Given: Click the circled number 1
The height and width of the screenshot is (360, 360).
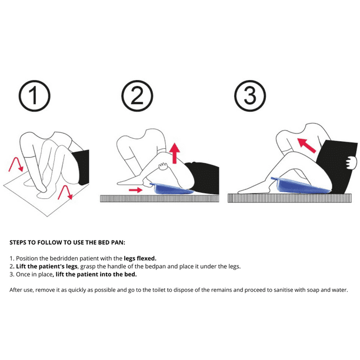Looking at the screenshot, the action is pyautogui.click(x=35, y=96).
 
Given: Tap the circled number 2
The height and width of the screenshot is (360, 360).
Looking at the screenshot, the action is pyautogui.click(x=137, y=96).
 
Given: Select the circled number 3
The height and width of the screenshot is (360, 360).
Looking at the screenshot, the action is pyautogui.click(x=250, y=96).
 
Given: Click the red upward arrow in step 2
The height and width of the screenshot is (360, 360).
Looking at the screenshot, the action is pyautogui.click(x=175, y=154).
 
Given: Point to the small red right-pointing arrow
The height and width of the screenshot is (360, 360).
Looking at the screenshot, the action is pyautogui.click(x=136, y=190).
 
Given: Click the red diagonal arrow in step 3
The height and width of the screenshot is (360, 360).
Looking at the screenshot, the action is pyautogui.click(x=306, y=145).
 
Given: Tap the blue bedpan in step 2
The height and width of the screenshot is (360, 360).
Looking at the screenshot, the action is pyautogui.click(x=172, y=189).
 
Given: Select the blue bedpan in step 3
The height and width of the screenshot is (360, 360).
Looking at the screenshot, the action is pyautogui.click(x=301, y=185).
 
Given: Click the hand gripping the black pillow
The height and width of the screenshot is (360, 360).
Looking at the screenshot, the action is pyautogui.click(x=351, y=163).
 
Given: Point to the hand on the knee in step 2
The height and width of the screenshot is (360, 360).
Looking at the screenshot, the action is pyautogui.click(x=164, y=166).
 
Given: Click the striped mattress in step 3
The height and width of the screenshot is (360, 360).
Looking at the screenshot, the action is pyautogui.click(x=289, y=198).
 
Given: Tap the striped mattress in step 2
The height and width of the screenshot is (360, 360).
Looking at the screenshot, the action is pyautogui.click(x=159, y=198).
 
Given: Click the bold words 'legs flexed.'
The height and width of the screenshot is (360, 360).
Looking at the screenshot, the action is pyautogui.click(x=140, y=258).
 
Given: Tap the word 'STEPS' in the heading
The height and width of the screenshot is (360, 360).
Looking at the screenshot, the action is pyautogui.click(x=18, y=242).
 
